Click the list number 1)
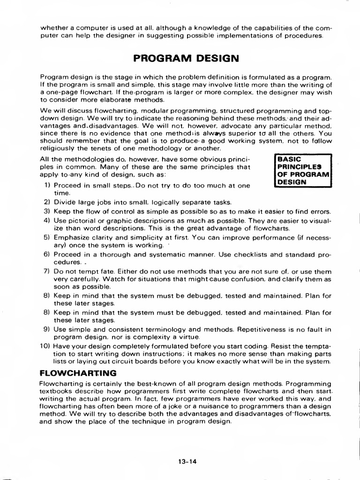[x=47, y=185]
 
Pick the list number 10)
[x=45, y=346]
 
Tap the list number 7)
[x=47, y=271]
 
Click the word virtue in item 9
[x=192, y=337]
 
